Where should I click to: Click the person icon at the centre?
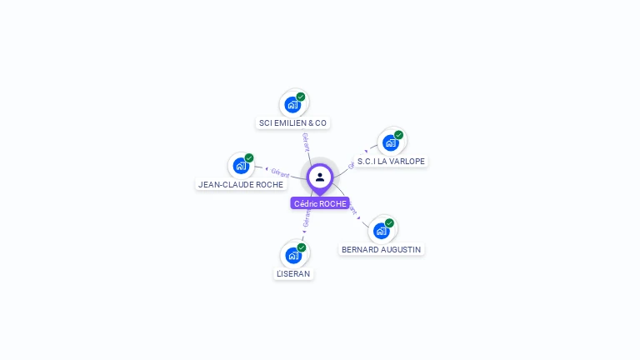click(320, 177)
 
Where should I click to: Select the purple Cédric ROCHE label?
click(320, 203)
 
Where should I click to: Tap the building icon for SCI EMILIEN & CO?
click(292, 105)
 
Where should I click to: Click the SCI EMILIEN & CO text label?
click(292, 123)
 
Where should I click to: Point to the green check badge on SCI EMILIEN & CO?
click(301, 97)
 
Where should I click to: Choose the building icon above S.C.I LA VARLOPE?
click(390, 143)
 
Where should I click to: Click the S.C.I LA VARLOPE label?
click(391, 162)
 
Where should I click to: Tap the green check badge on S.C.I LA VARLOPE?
click(398, 135)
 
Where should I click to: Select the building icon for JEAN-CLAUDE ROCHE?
click(241, 166)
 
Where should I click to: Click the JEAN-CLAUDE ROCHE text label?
click(241, 184)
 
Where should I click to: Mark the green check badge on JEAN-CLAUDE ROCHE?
click(249, 157)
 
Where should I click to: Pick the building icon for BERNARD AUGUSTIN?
click(381, 231)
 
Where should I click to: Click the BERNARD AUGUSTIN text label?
click(381, 249)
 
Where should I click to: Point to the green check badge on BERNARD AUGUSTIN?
click(389, 222)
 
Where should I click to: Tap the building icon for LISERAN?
click(293, 256)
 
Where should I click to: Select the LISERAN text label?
click(293, 273)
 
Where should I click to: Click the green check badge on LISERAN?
click(302, 247)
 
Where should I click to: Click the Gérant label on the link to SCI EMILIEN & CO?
click(306, 142)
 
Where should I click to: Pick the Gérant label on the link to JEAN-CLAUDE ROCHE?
click(280, 172)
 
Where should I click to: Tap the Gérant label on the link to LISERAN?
click(307, 218)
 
